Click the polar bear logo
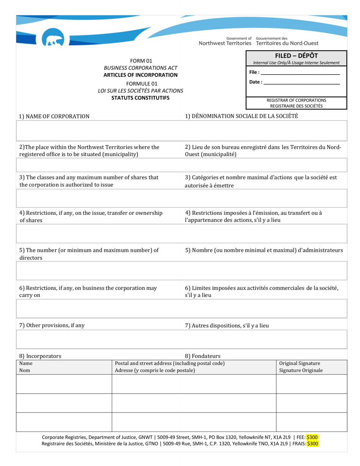point(53,39)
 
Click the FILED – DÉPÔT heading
point(296,56)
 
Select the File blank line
point(300,72)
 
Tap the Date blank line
point(301,82)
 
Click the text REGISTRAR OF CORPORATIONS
point(296,100)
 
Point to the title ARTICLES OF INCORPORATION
point(141,75)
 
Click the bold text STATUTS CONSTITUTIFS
point(141,98)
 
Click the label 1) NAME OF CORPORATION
point(54,116)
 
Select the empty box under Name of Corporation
point(182,131)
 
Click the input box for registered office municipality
point(182,165)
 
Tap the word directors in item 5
point(31,258)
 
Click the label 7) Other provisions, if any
point(52,325)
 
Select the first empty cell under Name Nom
point(64,384)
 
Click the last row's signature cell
point(311,422)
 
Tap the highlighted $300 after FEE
point(312,437)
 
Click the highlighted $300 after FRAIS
point(313,443)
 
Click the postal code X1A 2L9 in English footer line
point(281,437)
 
